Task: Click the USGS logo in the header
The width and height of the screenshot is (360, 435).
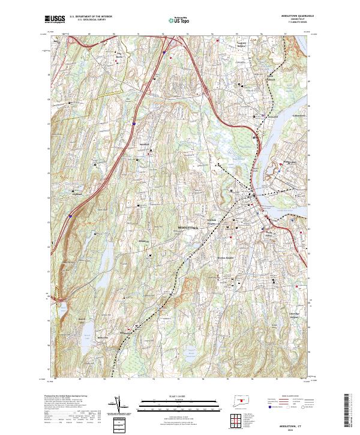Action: coord(55,19)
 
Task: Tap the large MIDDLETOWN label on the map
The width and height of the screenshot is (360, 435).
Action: coord(188,229)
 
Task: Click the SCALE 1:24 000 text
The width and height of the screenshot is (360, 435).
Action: coord(170,396)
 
